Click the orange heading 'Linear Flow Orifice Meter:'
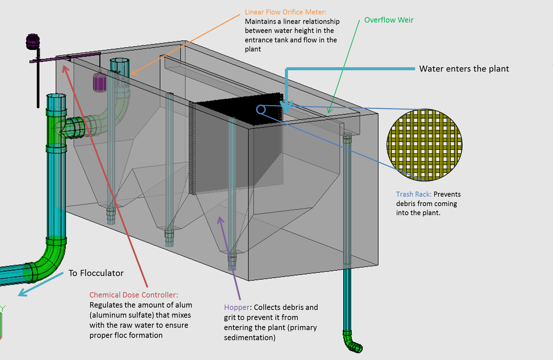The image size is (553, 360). pyautogui.click(x=285, y=12)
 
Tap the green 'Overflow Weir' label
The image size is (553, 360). pyautogui.click(x=389, y=20)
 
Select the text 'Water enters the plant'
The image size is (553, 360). pyautogui.click(x=464, y=69)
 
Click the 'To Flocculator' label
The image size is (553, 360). pyautogui.click(x=96, y=273)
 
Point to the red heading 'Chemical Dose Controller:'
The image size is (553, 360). pyautogui.click(x=134, y=295)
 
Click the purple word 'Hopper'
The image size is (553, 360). pyautogui.click(x=237, y=308)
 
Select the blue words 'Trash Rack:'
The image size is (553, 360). pyautogui.click(x=414, y=194)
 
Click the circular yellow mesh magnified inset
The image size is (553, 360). pyautogui.click(x=425, y=145)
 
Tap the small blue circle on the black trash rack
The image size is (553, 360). pyautogui.click(x=261, y=110)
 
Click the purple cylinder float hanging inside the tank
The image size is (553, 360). pyautogui.click(x=100, y=82)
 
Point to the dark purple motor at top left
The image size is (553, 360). pyautogui.click(x=33, y=41)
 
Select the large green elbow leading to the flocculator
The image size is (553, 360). pyautogui.click(x=48, y=262)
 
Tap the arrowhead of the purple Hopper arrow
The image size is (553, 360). pyautogui.click(x=220, y=220)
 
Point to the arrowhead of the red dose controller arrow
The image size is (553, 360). pyautogui.click(x=65, y=69)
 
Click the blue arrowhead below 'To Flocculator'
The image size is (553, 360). pyautogui.click(x=22, y=293)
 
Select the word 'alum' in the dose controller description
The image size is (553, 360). pyautogui.click(x=184, y=305)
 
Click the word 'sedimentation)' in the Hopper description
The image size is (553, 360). pyautogui.click(x=250, y=337)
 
